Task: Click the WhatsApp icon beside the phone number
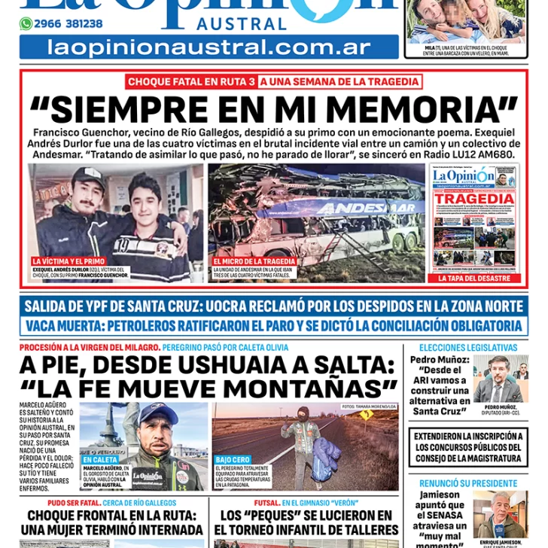coord(26,24)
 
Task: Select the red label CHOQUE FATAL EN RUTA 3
coord(190,82)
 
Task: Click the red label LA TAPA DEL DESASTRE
coord(474,278)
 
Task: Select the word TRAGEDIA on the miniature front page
coord(474,199)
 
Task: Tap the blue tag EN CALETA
coord(101,459)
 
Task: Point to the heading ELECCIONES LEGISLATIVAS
coord(467,348)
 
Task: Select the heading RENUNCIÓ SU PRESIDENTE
coord(467,482)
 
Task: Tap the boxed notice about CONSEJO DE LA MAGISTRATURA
coord(468,447)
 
